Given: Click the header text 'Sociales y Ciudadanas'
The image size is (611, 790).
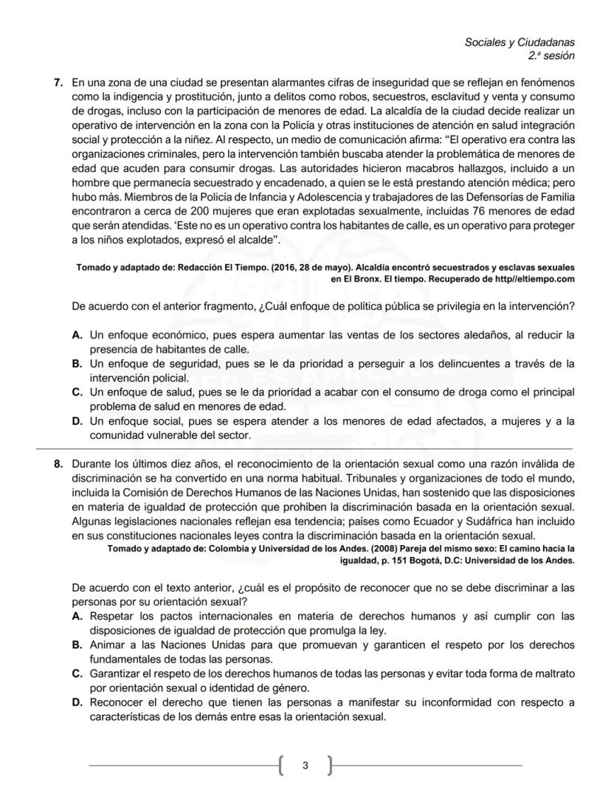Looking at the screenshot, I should tap(519, 42).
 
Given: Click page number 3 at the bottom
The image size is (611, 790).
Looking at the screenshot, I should tap(305, 766).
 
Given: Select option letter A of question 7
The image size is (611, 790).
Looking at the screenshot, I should tap(77, 335).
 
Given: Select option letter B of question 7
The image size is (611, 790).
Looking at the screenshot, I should tap(77, 364).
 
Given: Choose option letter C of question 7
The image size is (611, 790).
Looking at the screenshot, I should tap(77, 392).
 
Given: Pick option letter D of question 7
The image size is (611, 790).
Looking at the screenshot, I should tap(77, 421).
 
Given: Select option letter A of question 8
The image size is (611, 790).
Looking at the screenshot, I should tap(77, 616).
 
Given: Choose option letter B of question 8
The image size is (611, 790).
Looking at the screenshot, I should tap(77, 645).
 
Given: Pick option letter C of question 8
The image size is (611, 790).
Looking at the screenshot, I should tap(77, 673).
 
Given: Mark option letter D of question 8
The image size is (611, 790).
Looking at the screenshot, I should tap(77, 702).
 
